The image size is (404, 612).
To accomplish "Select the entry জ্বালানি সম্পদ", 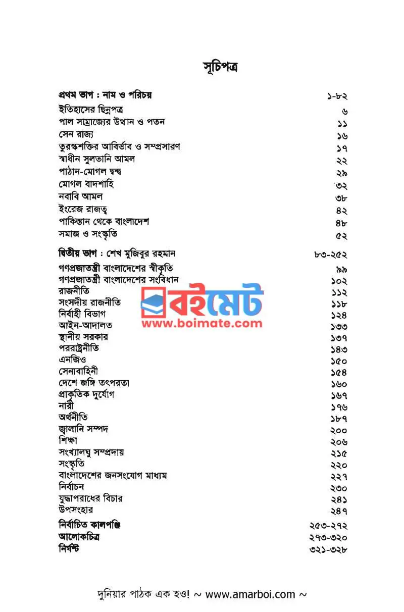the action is tap(84, 429).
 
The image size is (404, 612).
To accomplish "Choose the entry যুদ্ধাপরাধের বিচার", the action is tap(90, 498).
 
